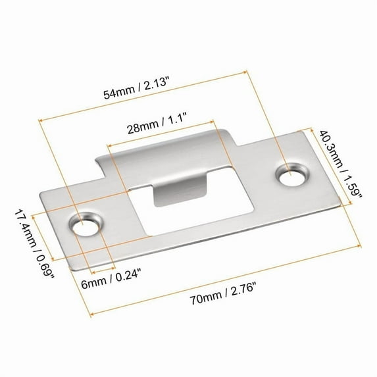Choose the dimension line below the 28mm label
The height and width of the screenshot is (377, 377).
(x=161, y=132)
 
